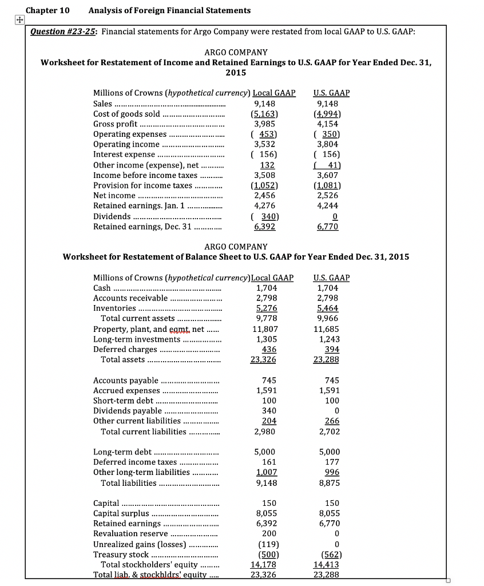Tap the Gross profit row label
pos(115,124)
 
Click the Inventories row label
pos(114,308)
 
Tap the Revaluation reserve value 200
pos(269,533)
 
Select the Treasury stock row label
pos(121,555)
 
